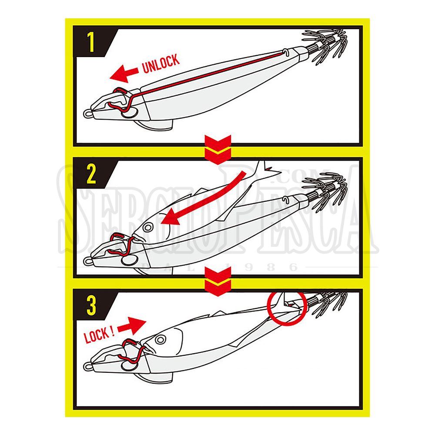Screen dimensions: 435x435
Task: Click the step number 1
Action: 91,42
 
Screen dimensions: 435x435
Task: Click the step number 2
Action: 91,174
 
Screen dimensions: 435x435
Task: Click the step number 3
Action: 91,305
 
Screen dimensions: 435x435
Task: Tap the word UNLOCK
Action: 161,64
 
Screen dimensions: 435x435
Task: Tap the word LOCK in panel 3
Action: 97,335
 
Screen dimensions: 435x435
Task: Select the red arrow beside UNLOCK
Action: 124,74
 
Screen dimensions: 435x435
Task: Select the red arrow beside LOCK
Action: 132,325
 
